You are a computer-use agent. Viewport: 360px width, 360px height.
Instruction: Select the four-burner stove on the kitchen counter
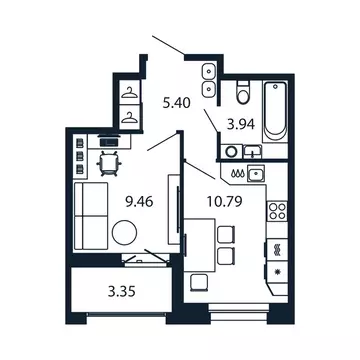(x=277, y=213)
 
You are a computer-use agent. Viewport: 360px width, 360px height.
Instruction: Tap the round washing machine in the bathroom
(x=229, y=153)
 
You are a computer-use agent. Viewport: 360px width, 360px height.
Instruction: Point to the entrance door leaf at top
(x=167, y=47)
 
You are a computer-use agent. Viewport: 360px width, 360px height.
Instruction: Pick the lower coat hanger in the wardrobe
(x=129, y=115)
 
